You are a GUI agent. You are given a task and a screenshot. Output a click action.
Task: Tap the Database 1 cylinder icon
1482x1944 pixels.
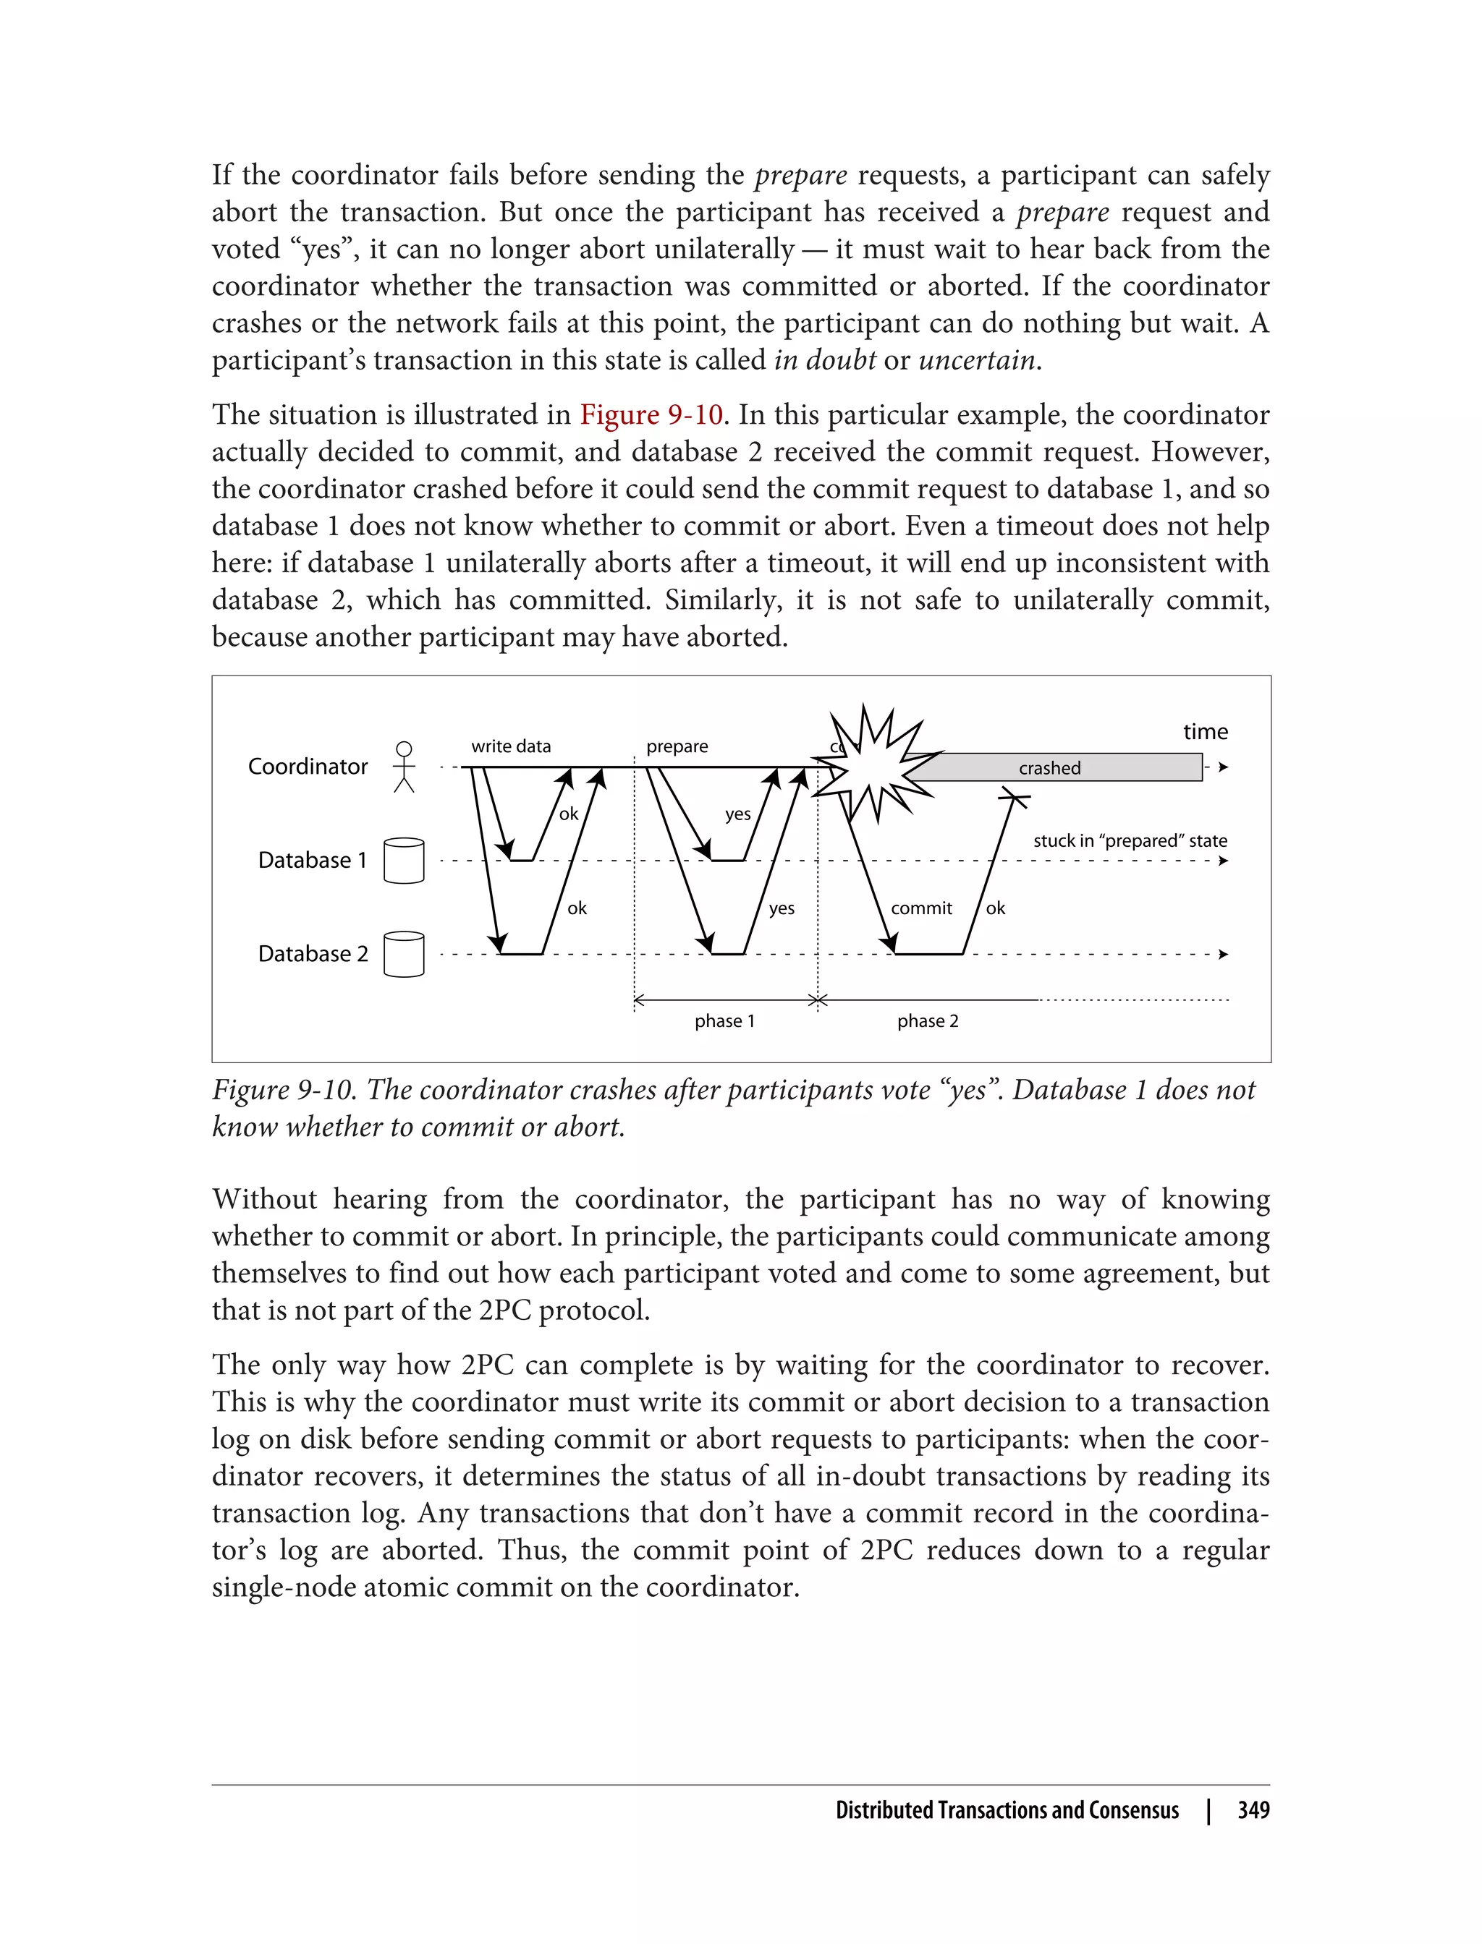tap(404, 861)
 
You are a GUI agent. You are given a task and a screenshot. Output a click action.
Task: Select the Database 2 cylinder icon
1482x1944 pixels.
tap(404, 954)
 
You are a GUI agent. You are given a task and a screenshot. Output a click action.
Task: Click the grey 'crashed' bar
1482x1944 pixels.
tap(1050, 768)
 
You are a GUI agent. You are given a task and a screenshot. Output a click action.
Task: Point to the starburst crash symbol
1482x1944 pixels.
tap(873, 764)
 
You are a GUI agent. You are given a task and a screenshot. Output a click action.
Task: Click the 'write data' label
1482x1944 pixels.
tap(511, 746)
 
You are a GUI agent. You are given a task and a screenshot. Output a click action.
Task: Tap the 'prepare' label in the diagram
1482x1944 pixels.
tap(677, 746)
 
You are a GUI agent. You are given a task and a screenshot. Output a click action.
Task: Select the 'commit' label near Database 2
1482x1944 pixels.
tap(921, 908)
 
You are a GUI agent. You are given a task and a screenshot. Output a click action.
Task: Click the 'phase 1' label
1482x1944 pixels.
tap(724, 1021)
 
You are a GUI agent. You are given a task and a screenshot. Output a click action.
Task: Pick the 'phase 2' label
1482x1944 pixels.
tap(927, 1021)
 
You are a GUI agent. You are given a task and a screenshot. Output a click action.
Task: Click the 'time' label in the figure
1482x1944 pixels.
tap(1205, 732)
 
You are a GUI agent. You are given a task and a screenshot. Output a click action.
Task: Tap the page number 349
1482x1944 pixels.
tap(1253, 1810)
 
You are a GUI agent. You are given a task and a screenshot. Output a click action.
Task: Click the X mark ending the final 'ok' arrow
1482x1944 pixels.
tap(1014, 798)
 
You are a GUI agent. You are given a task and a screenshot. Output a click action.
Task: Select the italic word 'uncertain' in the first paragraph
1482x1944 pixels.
tap(976, 359)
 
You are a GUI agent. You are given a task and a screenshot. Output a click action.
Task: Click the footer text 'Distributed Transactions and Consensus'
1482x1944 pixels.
tap(1007, 1810)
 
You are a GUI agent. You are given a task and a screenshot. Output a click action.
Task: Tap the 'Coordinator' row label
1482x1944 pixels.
tap(307, 766)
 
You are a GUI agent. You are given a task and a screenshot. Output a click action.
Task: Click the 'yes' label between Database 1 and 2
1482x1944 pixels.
tap(781, 908)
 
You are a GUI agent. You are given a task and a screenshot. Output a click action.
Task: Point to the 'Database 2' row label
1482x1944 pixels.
tap(313, 954)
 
